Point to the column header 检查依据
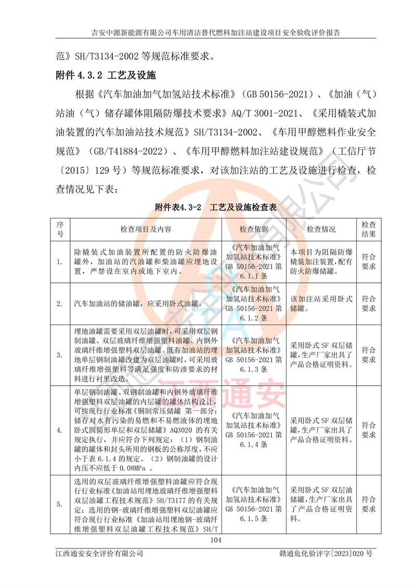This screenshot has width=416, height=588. [254, 229]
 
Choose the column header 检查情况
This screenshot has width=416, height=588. [321, 229]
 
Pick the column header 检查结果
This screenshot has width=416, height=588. [368, 229]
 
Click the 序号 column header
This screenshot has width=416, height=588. [60, 229]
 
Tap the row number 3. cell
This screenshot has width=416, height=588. [60, 356]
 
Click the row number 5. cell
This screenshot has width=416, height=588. [60, 504]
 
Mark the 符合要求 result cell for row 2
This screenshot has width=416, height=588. [368, 304]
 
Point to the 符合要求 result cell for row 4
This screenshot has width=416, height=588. [368, 429]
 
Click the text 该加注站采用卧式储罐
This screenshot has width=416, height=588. [321, 304]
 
